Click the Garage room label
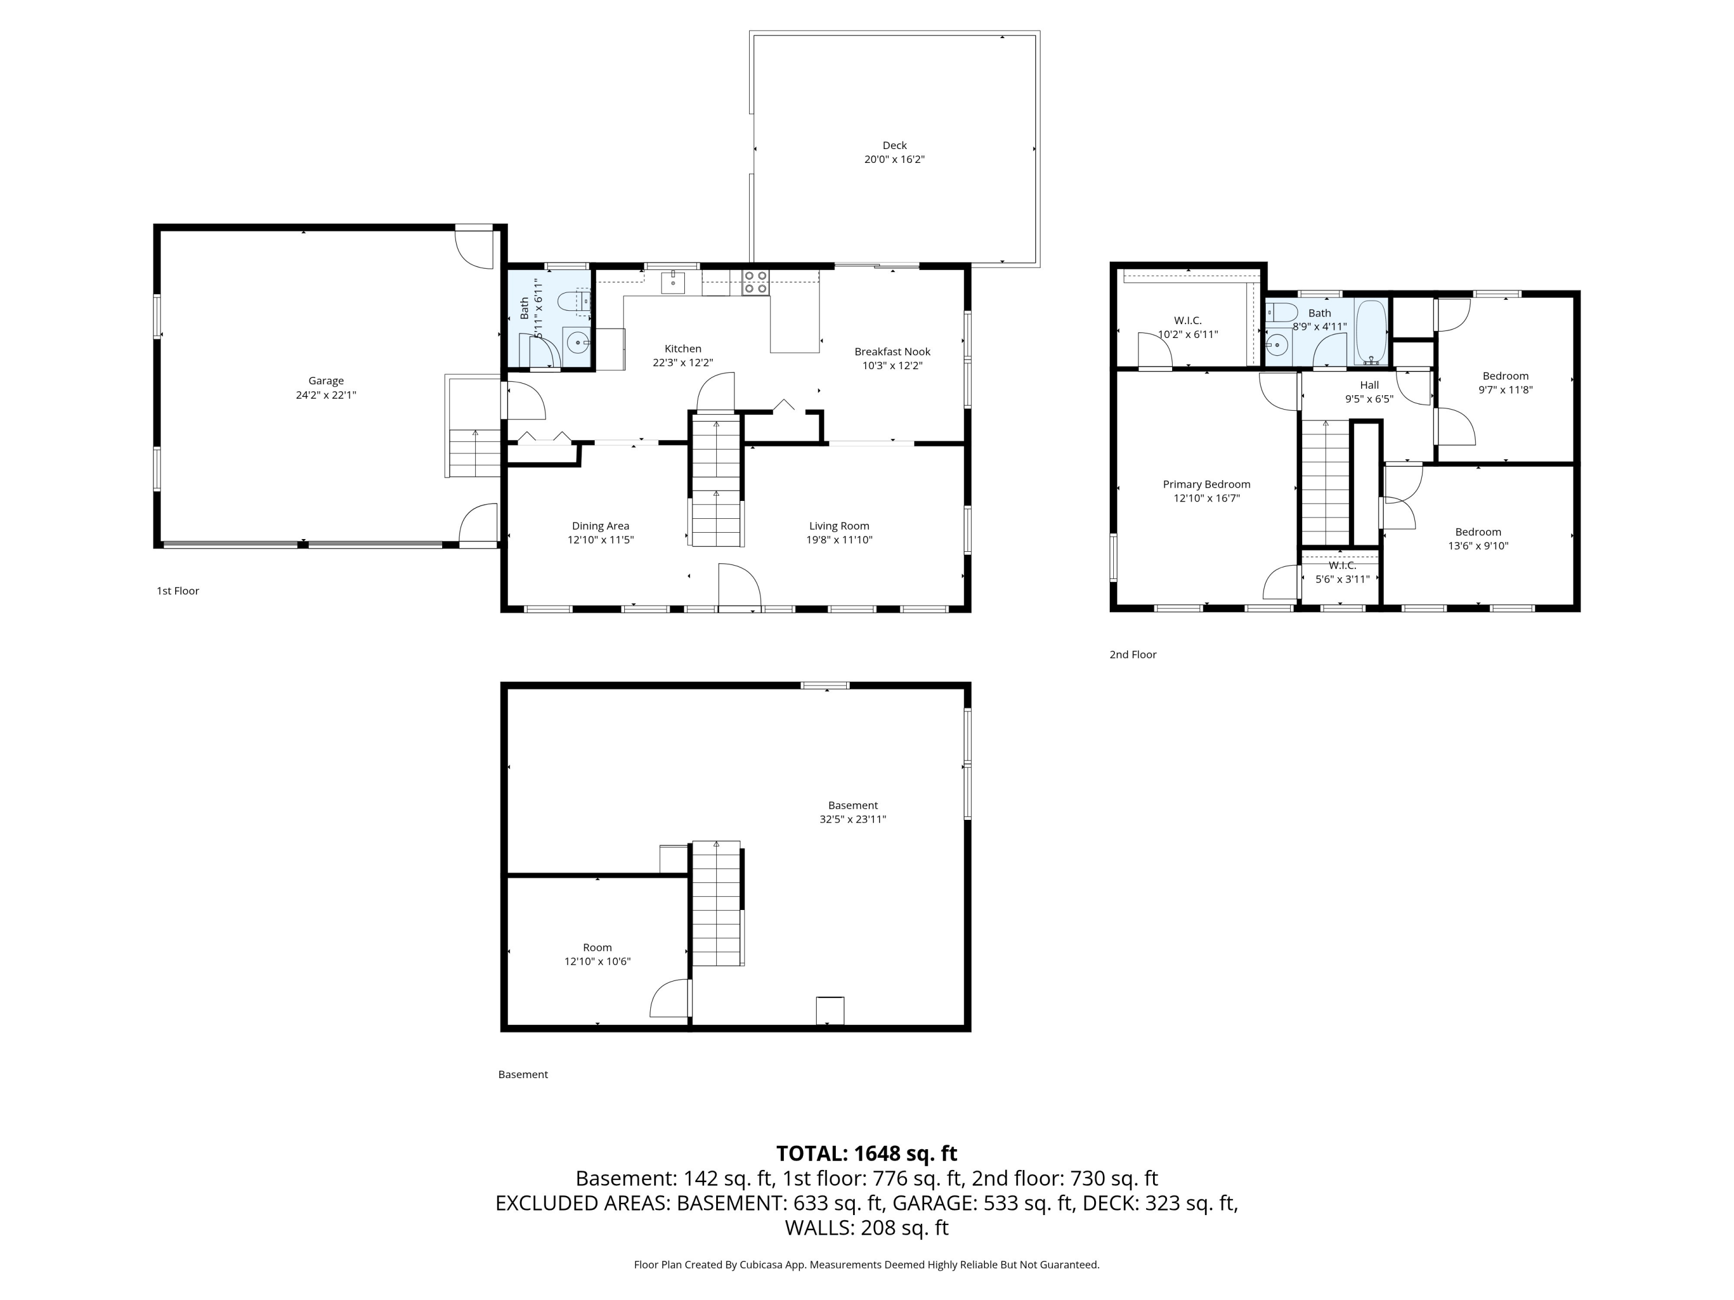pos(325,381)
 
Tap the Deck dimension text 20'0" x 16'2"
pos(894,159)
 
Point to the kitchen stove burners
pos(755,282)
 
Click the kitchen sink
pos(673,281)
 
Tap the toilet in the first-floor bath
pos(573,301)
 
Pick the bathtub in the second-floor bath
pos(1371,332)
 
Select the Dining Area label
pos(601,526)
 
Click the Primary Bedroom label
pos(1206,484)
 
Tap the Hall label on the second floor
pos(1369,385)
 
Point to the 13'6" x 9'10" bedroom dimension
pos(1479,546)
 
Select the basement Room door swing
pos(669,998)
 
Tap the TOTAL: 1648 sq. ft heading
pos(866,1153)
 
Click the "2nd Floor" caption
pos(1133,654)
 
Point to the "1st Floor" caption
pos(178,591)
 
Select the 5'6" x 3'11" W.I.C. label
pos(1342,572)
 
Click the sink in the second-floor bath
pos(1278,344)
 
